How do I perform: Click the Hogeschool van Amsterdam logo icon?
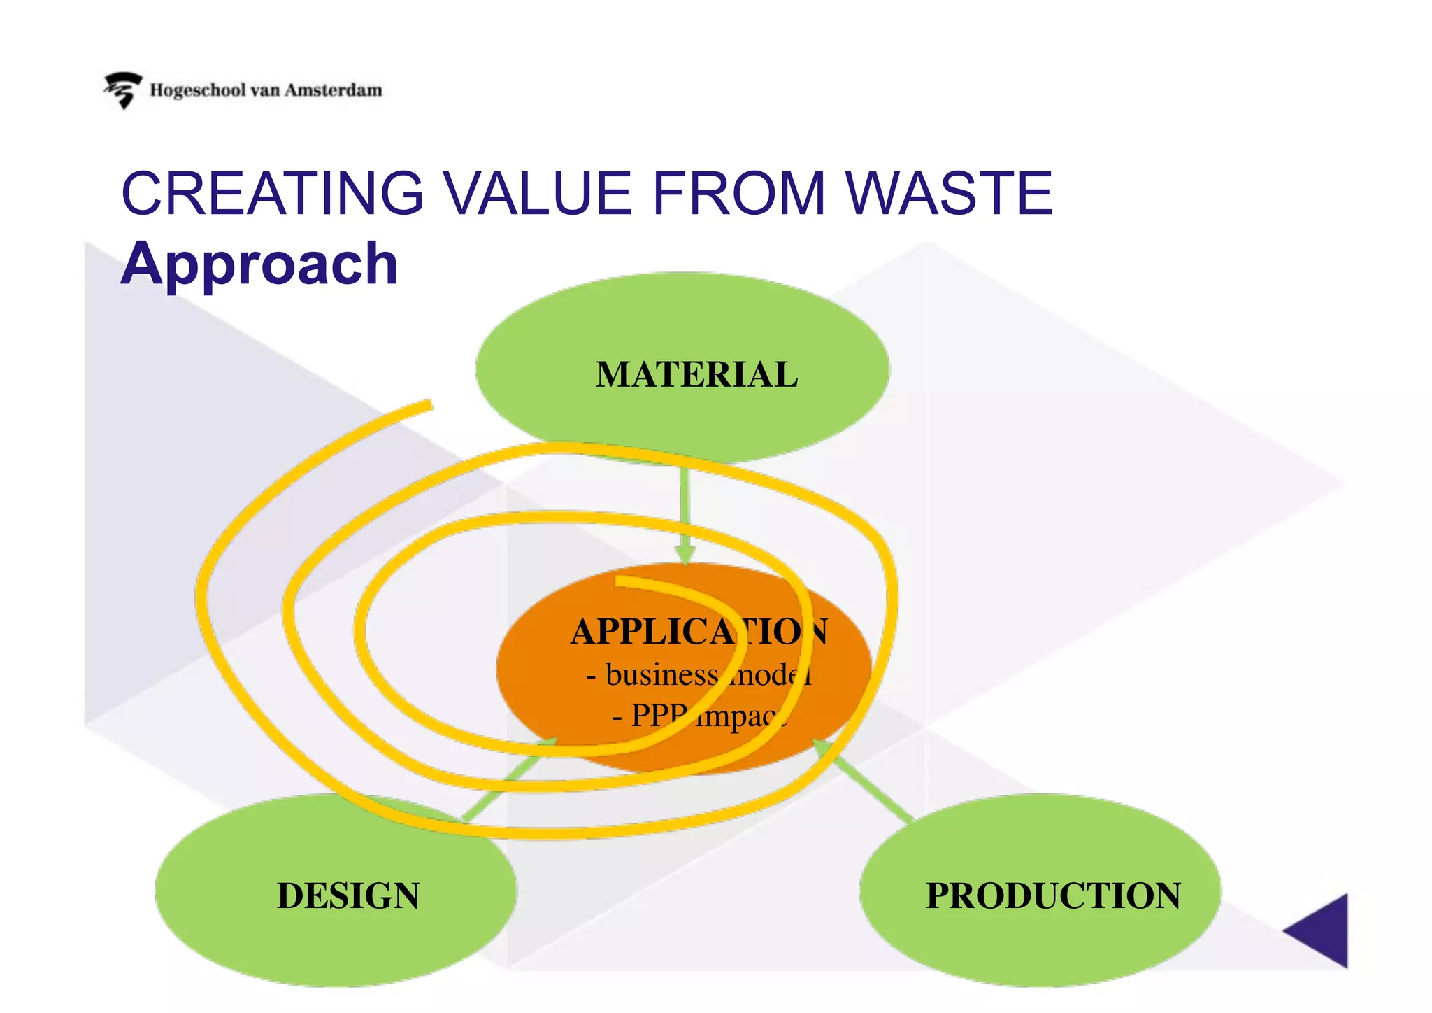[x=123, y=90]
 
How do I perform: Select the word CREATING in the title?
[x=273, y=194]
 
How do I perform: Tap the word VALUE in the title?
[x=538, y=194]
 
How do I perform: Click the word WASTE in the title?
[x=949, y=194]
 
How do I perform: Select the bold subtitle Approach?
[x=259, y=264]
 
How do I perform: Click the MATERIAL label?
[x=696, y=374]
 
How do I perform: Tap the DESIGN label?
[x=348, y=895]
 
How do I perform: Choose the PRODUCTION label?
[x=1053, y=895]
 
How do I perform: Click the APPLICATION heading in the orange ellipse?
[x=699, y=632]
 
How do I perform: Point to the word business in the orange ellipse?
[x=661, y=675]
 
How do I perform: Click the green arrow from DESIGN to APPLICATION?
[x=507, y=780]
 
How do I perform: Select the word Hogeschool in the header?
[x=198, y=90]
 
